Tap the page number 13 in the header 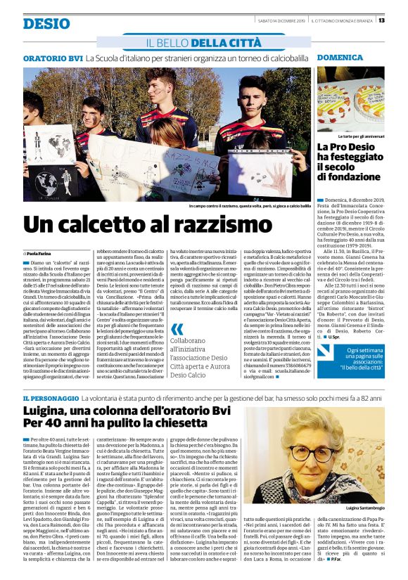pos(400,20)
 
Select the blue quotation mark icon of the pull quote pos(177,328)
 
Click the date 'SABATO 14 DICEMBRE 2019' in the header pos(281,20)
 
